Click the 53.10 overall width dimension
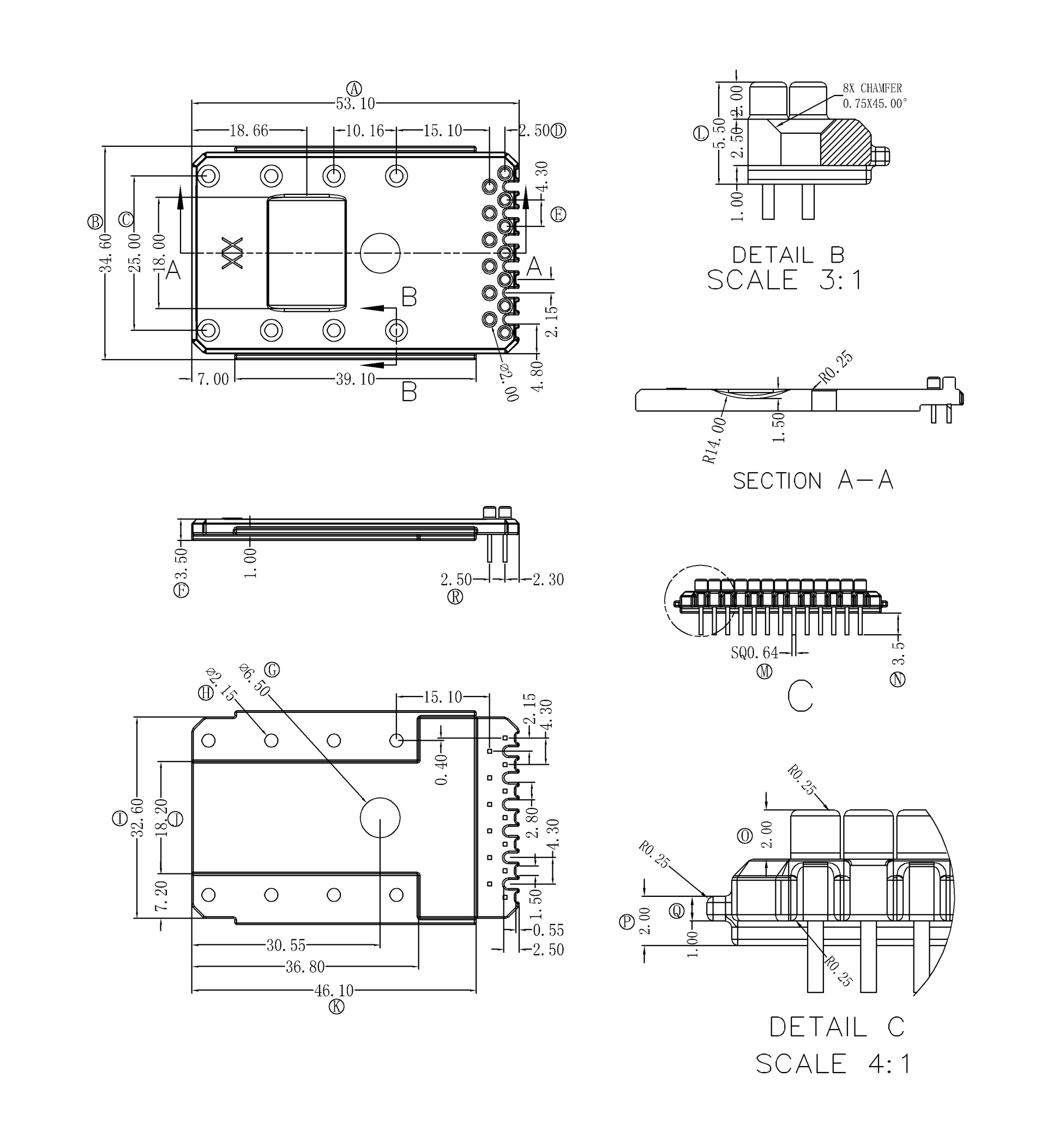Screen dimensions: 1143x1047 point(355,104)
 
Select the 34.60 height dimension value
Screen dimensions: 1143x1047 point(106,253)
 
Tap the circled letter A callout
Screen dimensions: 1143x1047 point(354,88)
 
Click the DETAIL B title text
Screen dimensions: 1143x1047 point(788,255)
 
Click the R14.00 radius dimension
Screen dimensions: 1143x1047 point(714,440)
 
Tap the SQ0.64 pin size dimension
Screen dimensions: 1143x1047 point(754,653)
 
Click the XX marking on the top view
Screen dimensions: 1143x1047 point(232,253)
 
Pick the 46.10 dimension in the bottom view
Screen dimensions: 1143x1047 point(334,991)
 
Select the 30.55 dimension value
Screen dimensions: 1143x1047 point(286,945)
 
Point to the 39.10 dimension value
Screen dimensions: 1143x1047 point(355,379)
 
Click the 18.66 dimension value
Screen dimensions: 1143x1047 point(249,131)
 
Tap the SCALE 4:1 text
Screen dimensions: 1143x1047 point(833,1064)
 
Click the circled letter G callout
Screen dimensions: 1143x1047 point(273,670)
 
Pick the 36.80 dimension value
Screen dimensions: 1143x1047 point(305,967)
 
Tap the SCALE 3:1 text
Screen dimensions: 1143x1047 point(785,281)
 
